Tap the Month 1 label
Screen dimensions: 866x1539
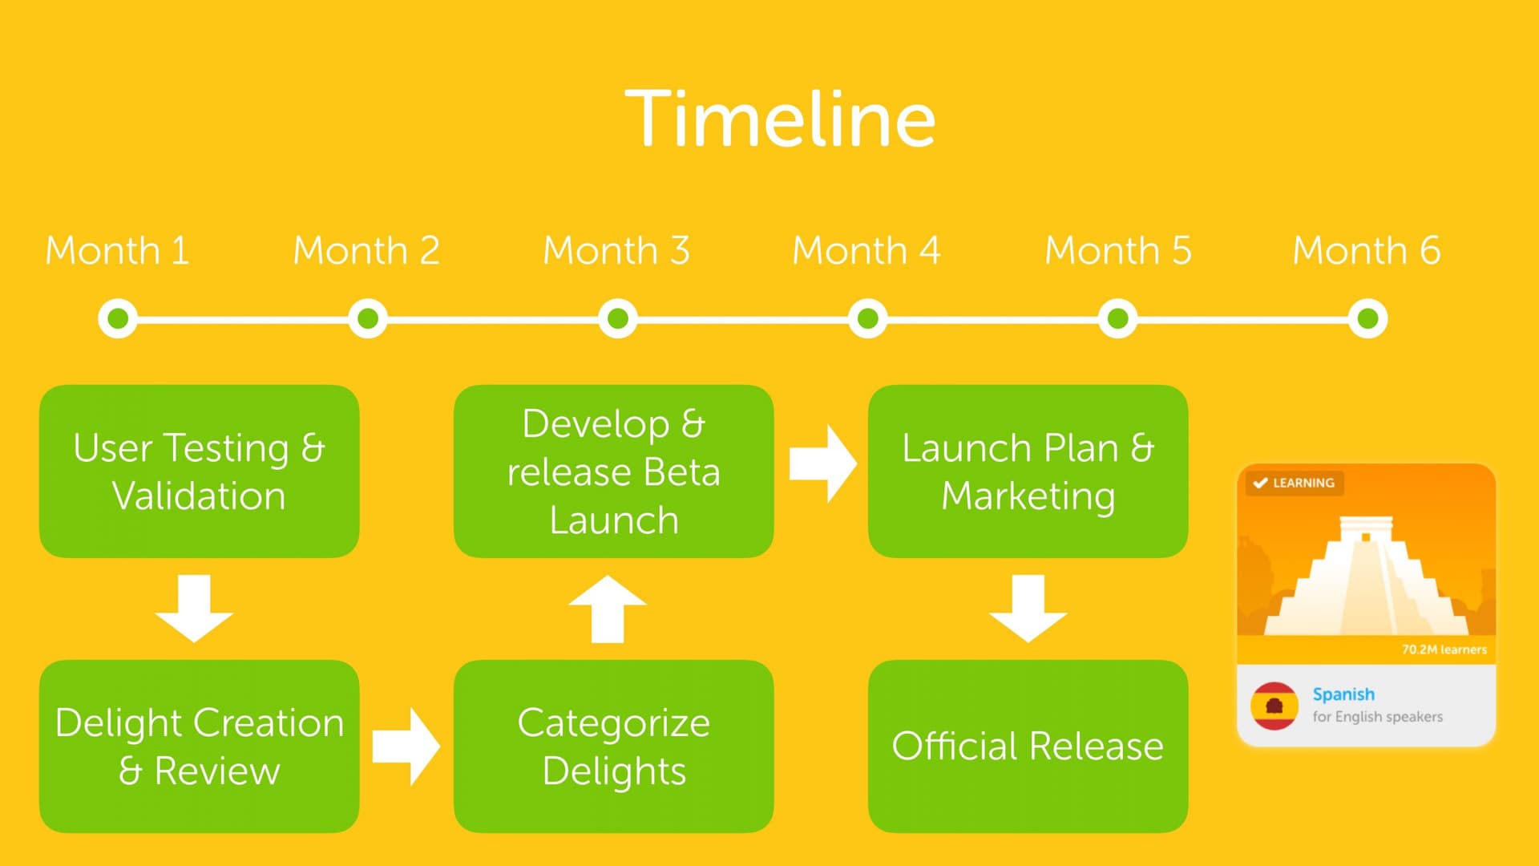pyautogui.click(x=117, y=250)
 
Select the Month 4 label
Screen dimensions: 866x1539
pyautogui.click(x=866, y=250)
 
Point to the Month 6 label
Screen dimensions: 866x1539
pyautogui.click(x=1367, y=250)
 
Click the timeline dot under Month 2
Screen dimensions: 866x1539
pyautogui.click(x=368, y=318)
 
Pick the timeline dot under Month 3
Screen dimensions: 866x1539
pyautogui.click(x=618, y=318)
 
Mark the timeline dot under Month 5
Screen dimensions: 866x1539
pyautogui.click(x=1117, y=318)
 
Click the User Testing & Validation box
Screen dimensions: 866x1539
pyautogui.click(x=199, y=471)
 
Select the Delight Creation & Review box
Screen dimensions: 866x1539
pyautogui.click(x=199, y=746)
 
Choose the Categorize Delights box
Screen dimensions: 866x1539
pyautogui.click(x=613, y=746)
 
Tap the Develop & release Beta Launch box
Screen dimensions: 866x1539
pyautogui.click(x=613, y=471)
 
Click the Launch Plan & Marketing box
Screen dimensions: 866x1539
pyautogui.click(x=1028, y=471)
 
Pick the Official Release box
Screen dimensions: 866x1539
pyautogui.click(x=1028, y=746)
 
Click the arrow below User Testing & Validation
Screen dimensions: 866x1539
pyautogui.click(x=194, y=608)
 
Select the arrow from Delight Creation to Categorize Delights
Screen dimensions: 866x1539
pyautogui.click(x=406, y=746)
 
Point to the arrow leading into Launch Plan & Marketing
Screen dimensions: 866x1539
pyautogui.click(x=822, y=463)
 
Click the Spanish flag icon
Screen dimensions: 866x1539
pyautogui.click(x=1274, y=706)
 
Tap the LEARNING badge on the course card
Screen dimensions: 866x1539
pyautogui.click(x=1295, y=483)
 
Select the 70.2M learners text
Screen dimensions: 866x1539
pyautogui.click(x=1444, y=649)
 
